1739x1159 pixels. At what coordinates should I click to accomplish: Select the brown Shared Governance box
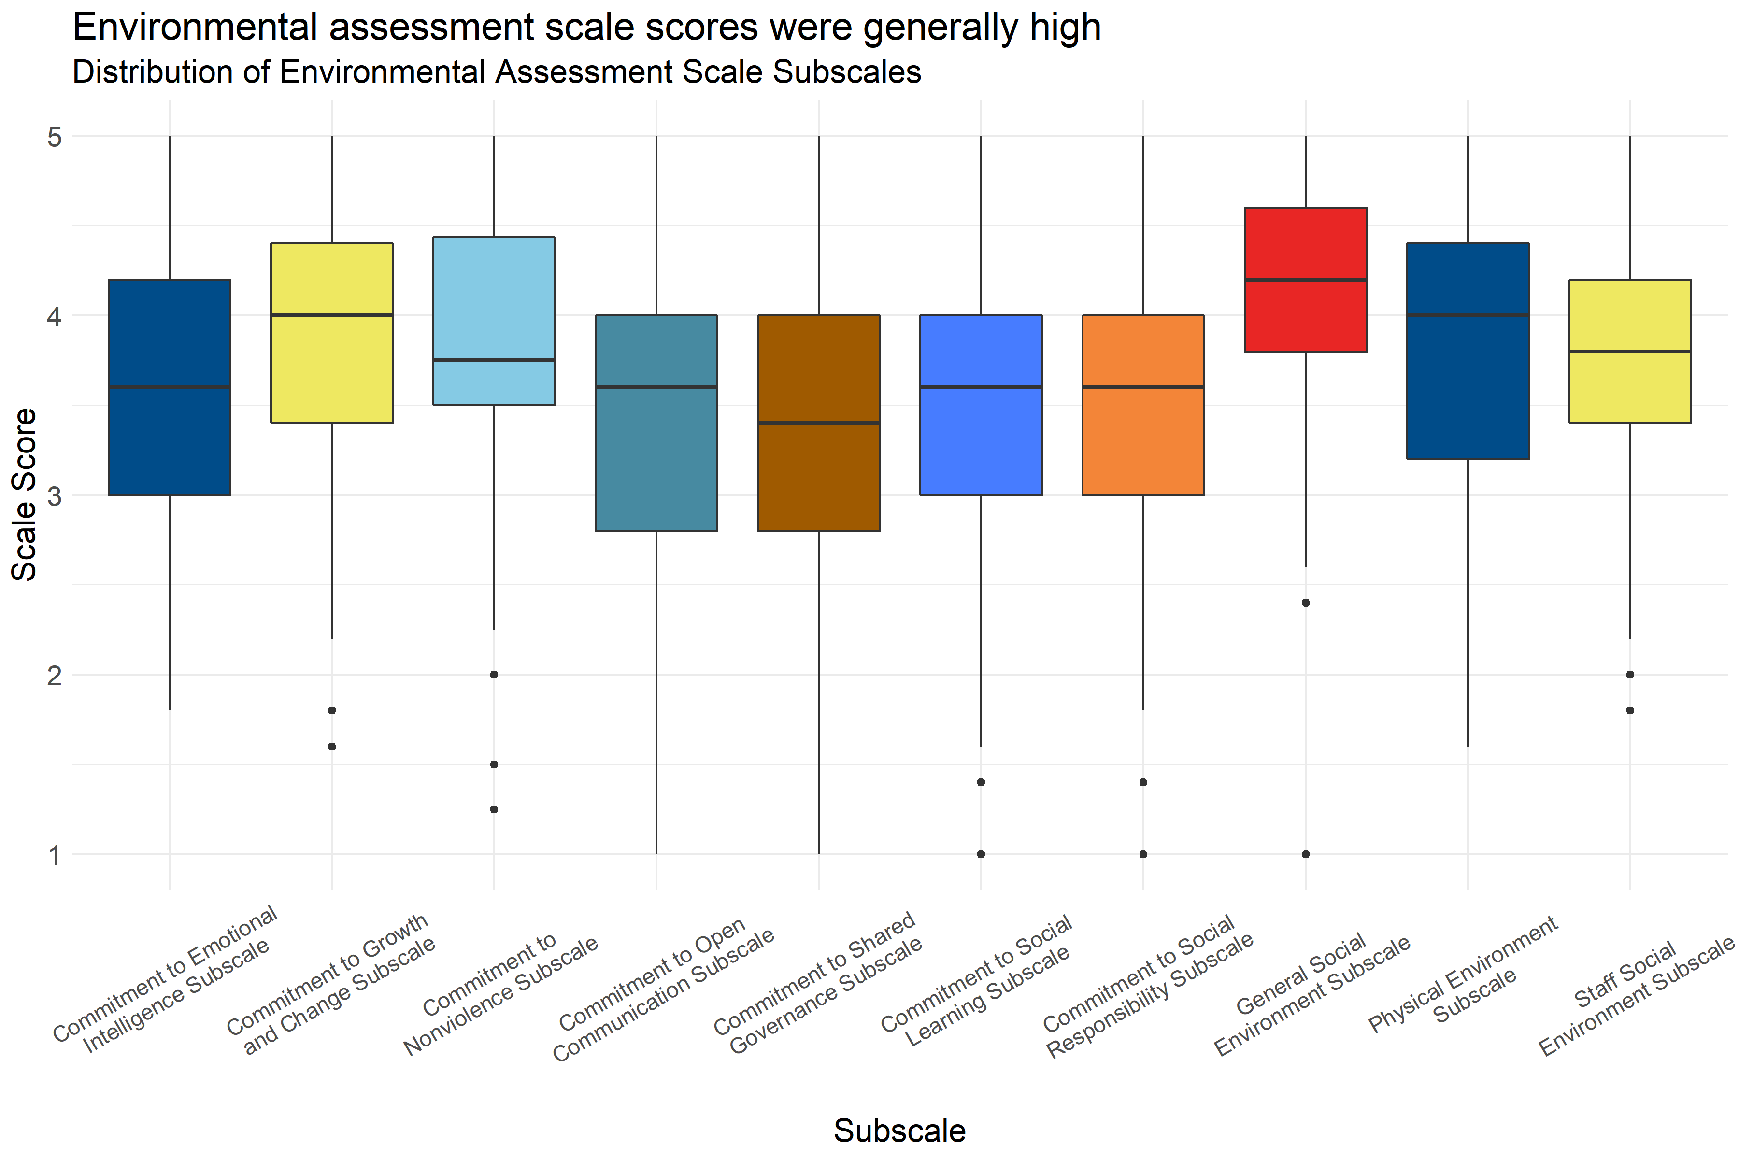coord(818,473)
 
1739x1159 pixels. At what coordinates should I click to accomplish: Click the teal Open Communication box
coord(656,458)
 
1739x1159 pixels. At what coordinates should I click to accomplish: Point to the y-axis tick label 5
coord(55,137)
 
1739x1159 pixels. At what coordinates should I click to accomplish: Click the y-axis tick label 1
coord(55,855)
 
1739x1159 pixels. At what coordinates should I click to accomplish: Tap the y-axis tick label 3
coord(55,496)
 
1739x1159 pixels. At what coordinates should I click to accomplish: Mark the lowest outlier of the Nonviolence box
coord(494,809)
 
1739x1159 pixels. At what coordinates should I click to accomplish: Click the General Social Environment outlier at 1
coord(1306,854)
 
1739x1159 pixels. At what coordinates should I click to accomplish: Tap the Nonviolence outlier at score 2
coord(494,675)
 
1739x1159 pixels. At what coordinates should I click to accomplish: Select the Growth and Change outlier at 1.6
coord(332,747)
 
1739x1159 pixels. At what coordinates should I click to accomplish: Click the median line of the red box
coord(1305,280)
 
